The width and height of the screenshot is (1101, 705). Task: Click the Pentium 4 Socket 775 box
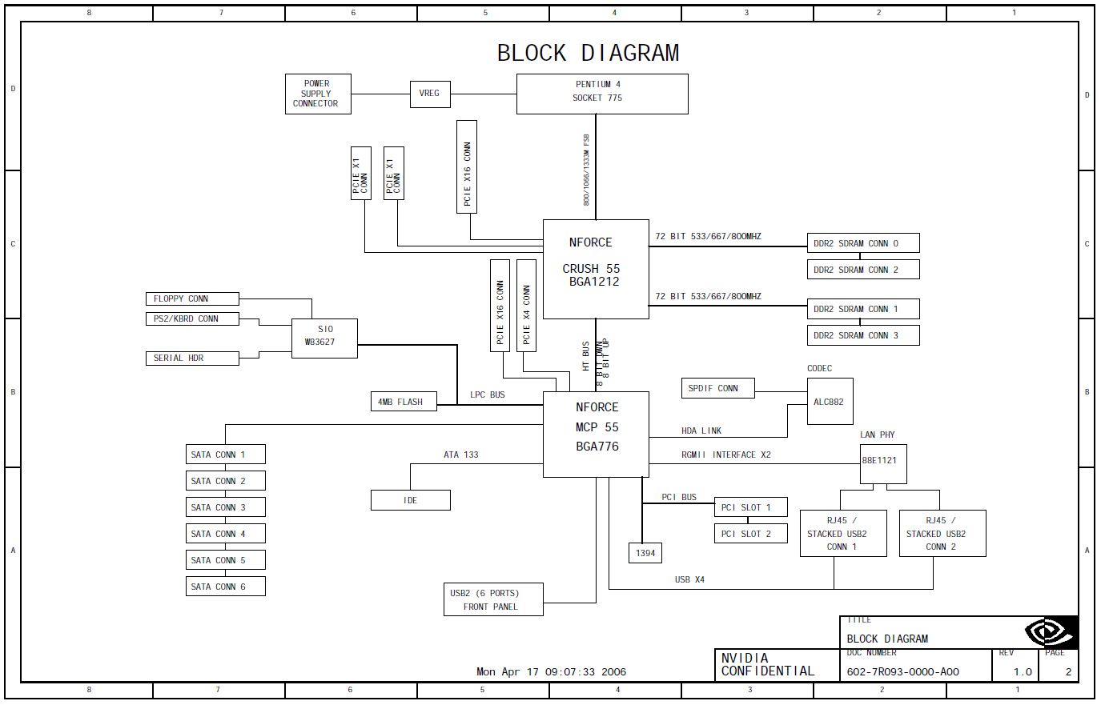[x=602, y=94]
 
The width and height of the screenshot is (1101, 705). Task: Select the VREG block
[x=429, y=94]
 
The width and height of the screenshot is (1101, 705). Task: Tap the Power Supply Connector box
[x=318, y=94]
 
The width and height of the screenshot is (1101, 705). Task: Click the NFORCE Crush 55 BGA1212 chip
[x=596, y=269]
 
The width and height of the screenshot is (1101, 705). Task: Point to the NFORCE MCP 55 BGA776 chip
[x=596, y=434]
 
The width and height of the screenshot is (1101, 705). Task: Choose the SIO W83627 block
[x=324, y=338]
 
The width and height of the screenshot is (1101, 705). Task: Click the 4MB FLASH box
[x=404, y=401]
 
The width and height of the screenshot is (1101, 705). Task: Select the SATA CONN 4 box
[x=226, y=534]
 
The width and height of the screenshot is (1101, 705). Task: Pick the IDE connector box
[x=410, y=500]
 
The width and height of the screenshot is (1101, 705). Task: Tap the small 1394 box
[x=645, y=552]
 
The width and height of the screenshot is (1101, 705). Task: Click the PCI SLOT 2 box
[x=750, y=534]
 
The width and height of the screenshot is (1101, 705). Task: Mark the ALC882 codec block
[x=830, y=402]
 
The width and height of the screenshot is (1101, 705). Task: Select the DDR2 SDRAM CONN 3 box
[x=863, y=335]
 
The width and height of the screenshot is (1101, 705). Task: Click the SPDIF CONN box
[x=718, y=388]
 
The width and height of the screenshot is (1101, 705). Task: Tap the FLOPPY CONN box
[x=192, y=298]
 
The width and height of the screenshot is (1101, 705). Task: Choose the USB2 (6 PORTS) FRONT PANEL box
[x=493, y=599]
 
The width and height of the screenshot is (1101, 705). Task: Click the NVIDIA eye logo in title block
[x=1051, y=632]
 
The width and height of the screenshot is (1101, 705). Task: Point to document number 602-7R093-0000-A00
[x=902, y=672]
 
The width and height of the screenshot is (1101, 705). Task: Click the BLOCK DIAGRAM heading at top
[x=588, y=54]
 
